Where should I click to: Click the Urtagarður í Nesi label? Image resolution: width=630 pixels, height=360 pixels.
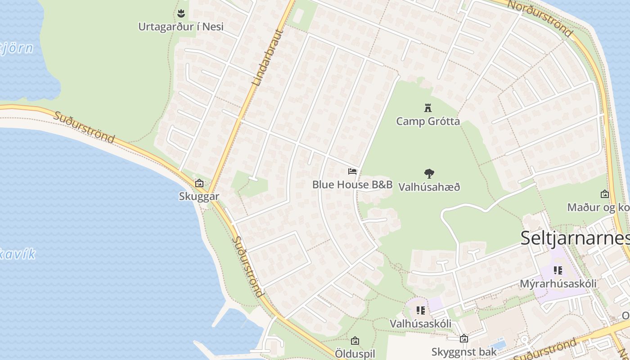click(180, 27)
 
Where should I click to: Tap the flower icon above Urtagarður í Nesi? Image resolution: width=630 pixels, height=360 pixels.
click(181, 13)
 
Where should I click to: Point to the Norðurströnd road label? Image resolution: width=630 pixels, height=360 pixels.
click(540, 18)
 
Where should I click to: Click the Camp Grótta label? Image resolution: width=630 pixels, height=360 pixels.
click(427, 121)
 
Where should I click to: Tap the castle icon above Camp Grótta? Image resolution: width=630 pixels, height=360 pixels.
click(427, 108)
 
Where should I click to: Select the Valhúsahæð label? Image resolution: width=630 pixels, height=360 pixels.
click(429, 187)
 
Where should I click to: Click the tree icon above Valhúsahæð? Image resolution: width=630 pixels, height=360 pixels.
click(429, 173)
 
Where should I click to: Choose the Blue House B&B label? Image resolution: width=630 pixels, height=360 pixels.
click(352, 184)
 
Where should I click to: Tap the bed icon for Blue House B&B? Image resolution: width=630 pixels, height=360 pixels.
click(352, 171)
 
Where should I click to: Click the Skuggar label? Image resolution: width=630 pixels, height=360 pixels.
click(199, 196)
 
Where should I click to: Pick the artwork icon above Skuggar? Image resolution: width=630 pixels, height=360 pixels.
click(199, 183)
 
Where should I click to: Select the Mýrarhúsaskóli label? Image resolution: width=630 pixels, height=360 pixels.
click(558, 284)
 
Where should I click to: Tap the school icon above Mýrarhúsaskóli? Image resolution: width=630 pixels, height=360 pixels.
click(558, 270)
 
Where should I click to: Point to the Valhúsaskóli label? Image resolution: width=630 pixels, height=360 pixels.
click(421, 324)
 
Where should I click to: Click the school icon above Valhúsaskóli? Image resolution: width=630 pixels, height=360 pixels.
click(421, 310)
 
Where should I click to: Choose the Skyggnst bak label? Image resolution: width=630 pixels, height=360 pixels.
click(464, 351)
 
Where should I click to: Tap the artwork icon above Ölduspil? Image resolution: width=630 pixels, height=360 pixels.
click(355, 341)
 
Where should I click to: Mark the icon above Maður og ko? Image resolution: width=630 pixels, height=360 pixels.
click(605, 194)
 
